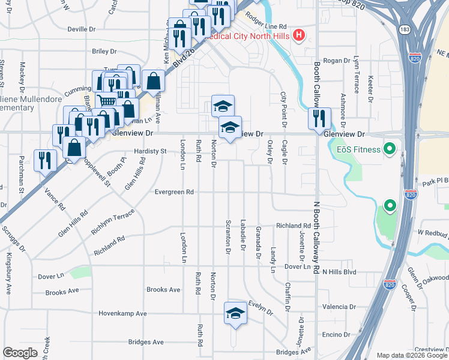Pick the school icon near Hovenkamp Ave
tap(236, 313)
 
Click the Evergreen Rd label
tap(173, 192)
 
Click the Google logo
tap(20, 352)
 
